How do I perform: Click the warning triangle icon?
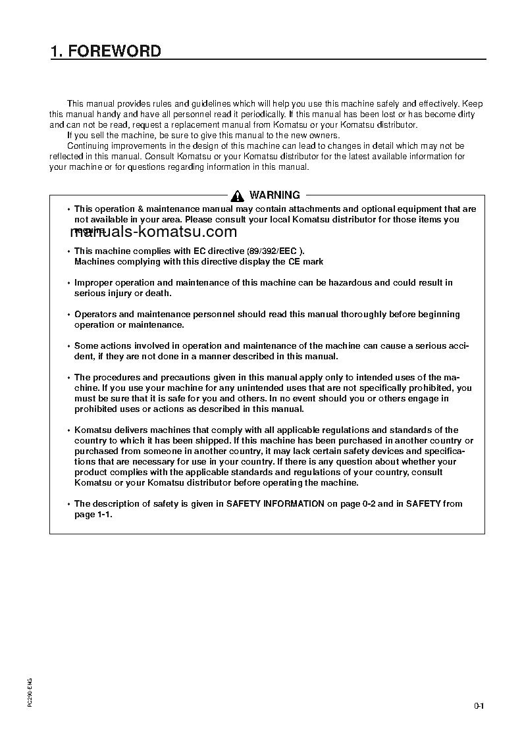(238, 195)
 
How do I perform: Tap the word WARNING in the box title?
(274, 195)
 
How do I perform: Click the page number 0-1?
(479, 707)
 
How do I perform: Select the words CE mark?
(306, 262)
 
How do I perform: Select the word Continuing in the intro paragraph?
(89, 146)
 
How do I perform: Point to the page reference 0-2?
(369, 504)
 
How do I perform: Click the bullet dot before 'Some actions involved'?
(68, 346)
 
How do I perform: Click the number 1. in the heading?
(57, 51)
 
